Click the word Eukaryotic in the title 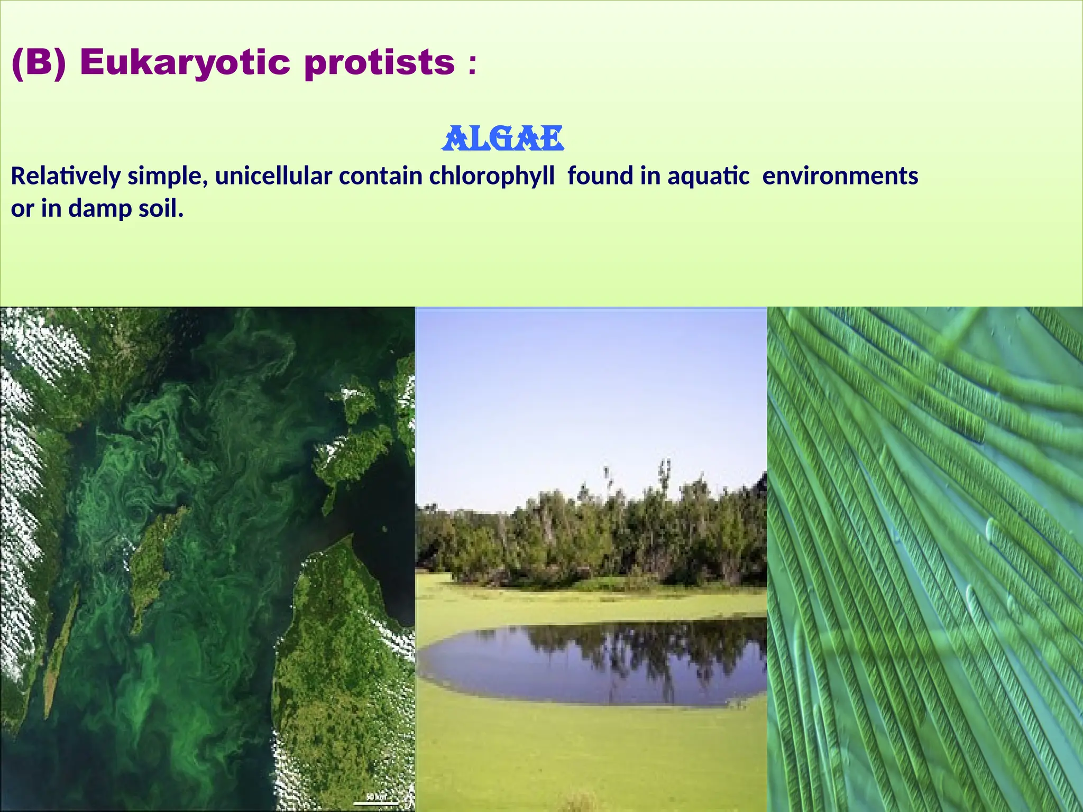(x=185, y=62)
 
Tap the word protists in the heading (x=379, y=62)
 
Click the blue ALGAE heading (x=502, y=139)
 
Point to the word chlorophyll (x=492, y=176)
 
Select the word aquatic (x=708, y=176)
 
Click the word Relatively (x=66, y=176)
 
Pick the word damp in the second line (x=100, y=209)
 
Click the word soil (x=161, y=209)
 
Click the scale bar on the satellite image (x=376, y=803)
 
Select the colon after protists (x=472, y=64)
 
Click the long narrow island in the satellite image (x=61, y=650)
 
